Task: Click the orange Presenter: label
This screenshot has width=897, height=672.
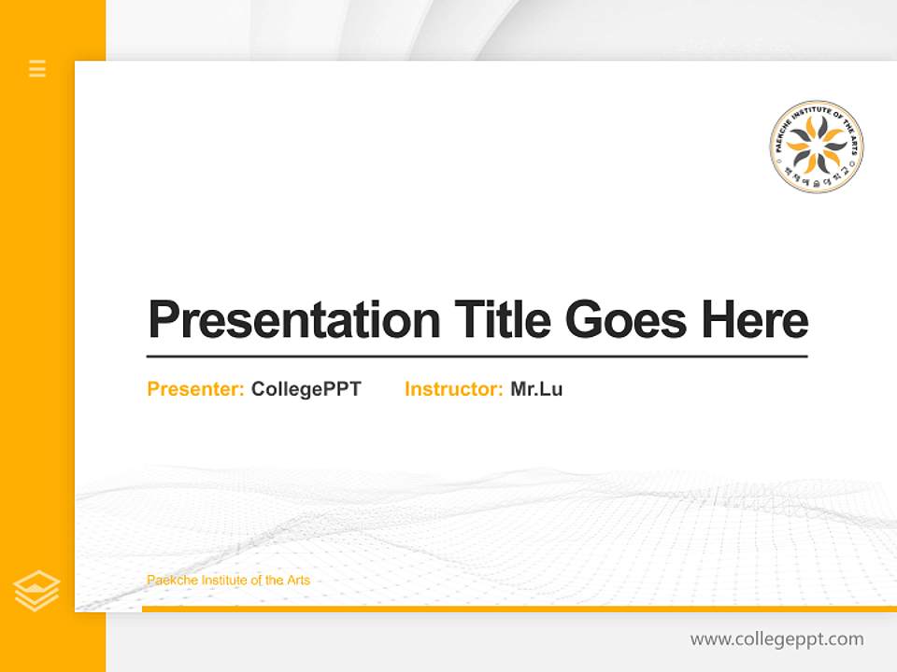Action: (195, 389)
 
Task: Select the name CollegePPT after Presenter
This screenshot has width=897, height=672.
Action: (306, 389)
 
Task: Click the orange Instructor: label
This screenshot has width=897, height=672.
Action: (453, 389)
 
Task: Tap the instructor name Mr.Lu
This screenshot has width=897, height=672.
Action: (536, 389)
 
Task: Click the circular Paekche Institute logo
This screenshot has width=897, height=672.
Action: (817, 147)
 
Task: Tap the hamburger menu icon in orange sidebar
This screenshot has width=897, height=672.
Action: (37, 68)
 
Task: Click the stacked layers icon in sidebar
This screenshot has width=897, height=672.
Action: (36, 590)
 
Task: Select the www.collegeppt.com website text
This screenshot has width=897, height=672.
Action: (776, 639)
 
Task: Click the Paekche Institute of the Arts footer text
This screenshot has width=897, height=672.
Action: (228, 581)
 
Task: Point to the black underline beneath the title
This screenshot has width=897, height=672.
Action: (477, 356)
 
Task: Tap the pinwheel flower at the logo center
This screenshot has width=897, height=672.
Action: (817, 144)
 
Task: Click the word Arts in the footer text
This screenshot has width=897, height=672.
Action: (297, 581)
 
